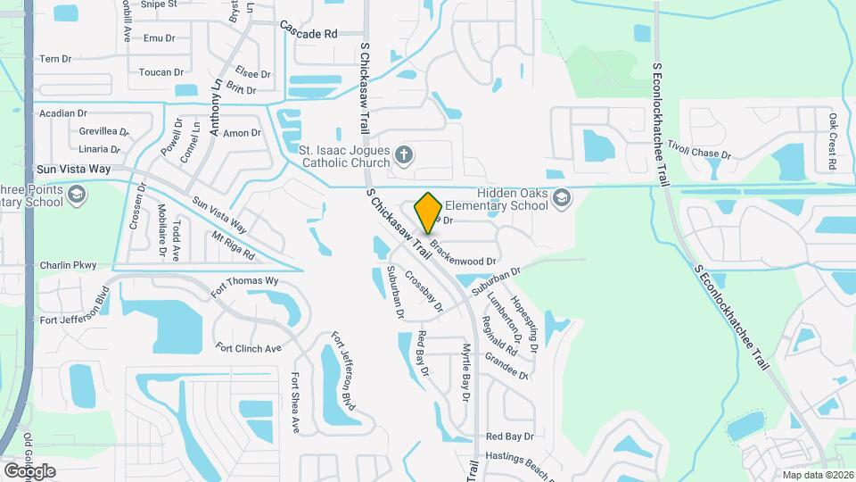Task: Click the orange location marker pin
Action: tap(428, 212)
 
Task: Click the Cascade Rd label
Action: tap(309, 33)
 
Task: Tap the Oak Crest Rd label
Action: tap(831, 141)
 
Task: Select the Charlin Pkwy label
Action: tap(68, 265)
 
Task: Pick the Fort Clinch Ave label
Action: tap(248, 347)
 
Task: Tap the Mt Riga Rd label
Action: tap(233, 245)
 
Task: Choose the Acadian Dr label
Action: tap(63, 113)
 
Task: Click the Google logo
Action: tap(29, 470)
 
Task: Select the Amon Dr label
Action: tap(242, 133)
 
